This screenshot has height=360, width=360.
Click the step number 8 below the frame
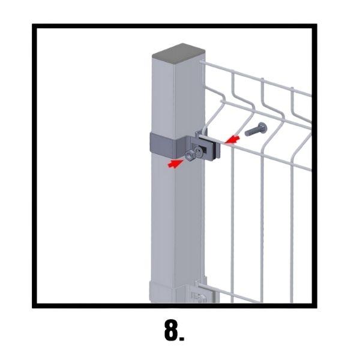(171, 330)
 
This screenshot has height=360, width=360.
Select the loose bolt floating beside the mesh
(256, 129)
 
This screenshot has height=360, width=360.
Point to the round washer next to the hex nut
(199, 152)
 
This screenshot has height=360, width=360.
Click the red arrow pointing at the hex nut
(175, 164)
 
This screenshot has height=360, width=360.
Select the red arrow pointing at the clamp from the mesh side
(232, 140)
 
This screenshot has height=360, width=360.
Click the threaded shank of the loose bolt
(251, 131)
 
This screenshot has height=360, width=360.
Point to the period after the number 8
(182, 339)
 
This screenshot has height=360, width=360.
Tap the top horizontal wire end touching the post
(202, 62)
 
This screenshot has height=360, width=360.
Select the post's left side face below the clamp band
(163, 218)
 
